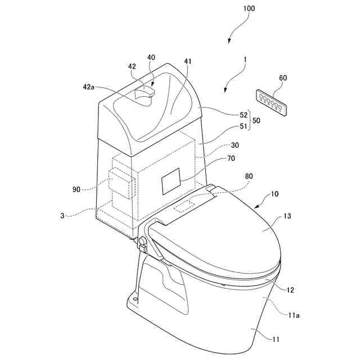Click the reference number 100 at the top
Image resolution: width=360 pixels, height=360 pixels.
click(249, 8)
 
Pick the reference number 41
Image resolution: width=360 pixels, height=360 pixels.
click(187, 61)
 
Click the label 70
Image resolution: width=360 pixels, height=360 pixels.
click(215, 159)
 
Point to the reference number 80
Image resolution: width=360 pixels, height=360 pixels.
click(249, 176)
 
